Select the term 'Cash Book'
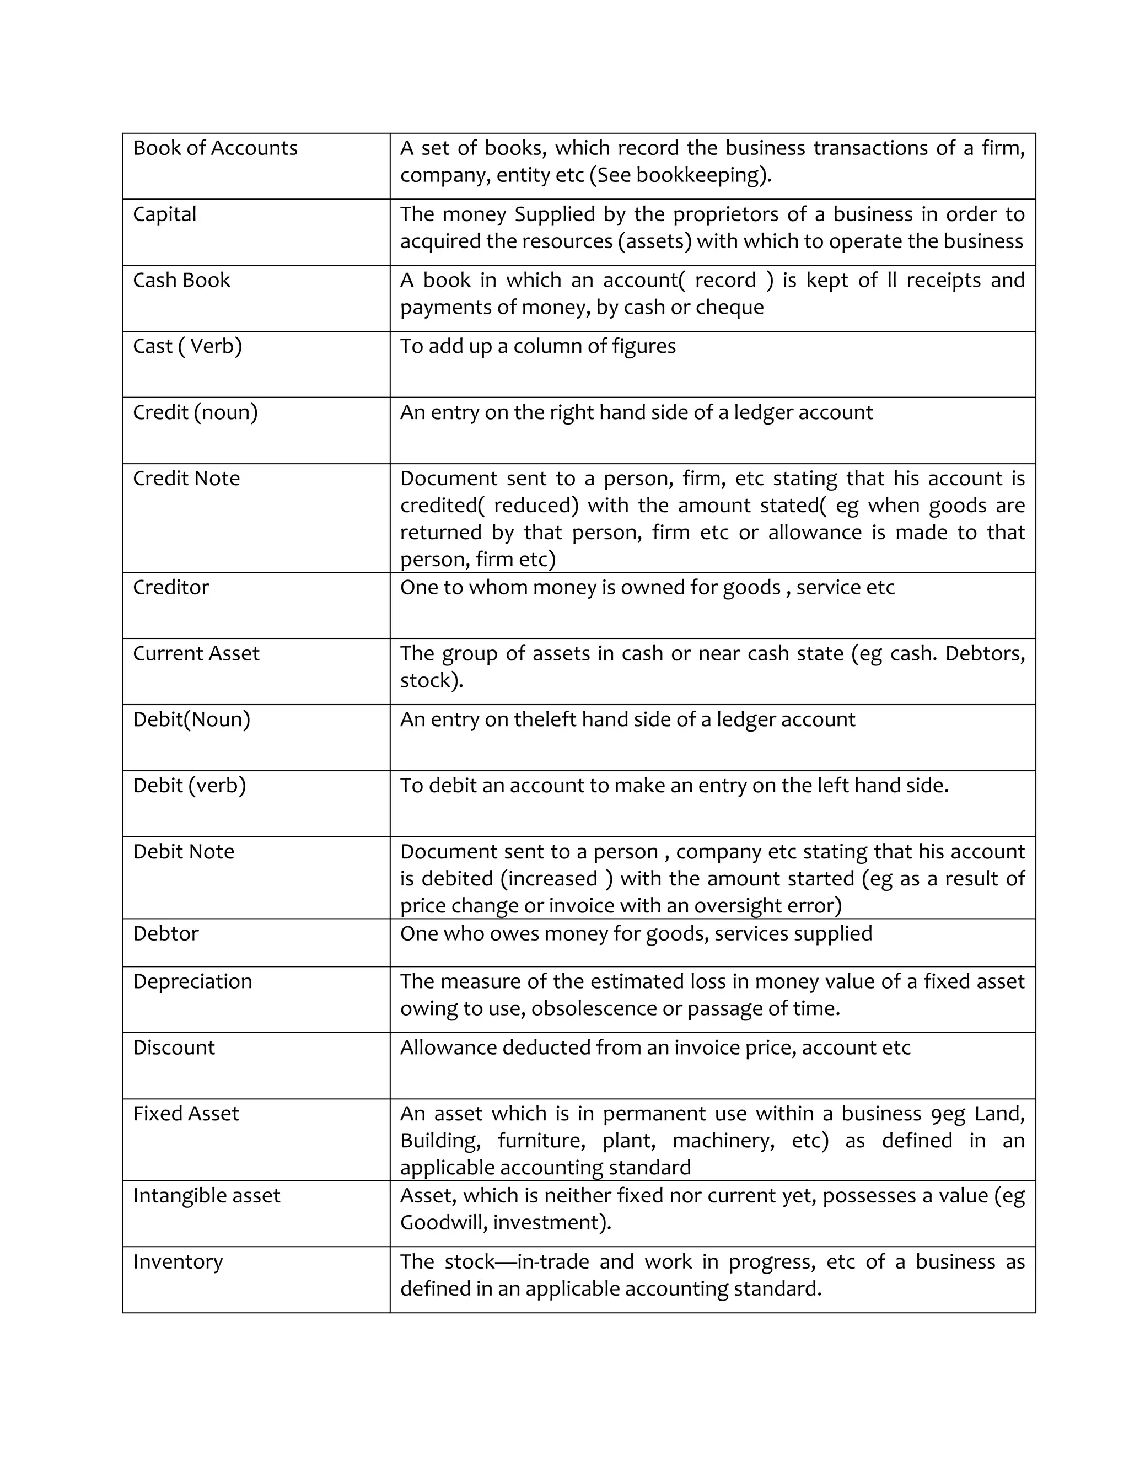[x=181, y=280]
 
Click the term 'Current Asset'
[x=196, y=653]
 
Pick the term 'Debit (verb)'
[x=189, y=785]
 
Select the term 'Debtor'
[x=166, y=934]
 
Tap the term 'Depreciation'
[x=192, y=981]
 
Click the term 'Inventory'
[x=178, y=1261]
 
